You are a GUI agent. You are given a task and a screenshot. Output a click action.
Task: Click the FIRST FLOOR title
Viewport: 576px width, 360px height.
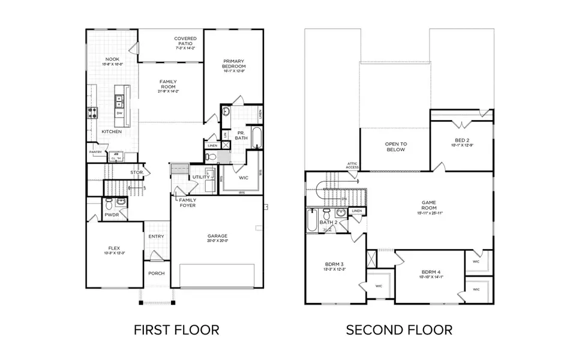pyautogui.click(x=176, y=329)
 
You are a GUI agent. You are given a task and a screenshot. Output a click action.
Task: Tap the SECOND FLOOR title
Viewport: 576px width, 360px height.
pyautogui.click(x=399, y=329)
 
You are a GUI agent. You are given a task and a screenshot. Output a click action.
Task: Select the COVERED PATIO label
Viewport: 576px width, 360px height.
pyautogui.click(x=185, y=41)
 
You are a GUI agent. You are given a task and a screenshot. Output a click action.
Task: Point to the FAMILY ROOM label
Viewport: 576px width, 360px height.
pyautogui.click(x=168, y=86)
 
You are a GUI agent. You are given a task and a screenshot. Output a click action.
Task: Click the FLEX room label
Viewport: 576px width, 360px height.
pyautogui.click(x=113, y=248)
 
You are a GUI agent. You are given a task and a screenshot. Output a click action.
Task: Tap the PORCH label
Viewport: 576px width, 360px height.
pyautogui.click(x=157, y=274)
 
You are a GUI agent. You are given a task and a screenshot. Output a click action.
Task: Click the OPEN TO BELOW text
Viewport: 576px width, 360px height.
pyautogui.click(x=395, y=146)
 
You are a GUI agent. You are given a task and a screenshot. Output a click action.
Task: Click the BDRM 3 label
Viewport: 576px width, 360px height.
pyautogui.click(x=334, y=266)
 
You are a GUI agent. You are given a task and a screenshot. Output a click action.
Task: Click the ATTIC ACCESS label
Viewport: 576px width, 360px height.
pyautogui.click(x=352, y=165)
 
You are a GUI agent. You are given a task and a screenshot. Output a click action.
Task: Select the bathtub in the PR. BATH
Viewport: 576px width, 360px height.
pyautogui.click(x=256, y=138)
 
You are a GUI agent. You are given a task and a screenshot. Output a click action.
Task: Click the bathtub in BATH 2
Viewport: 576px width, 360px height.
pyautogui.click(x=312, y=221)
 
